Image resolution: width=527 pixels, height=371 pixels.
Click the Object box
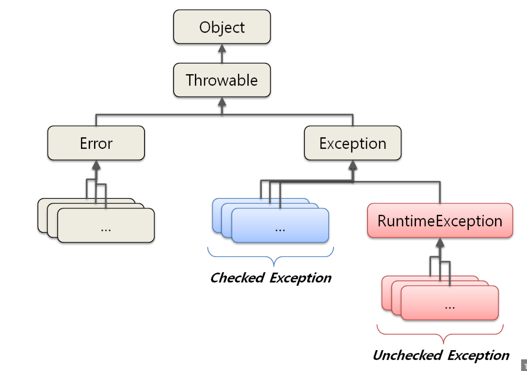pyautogui.click(x=222, y=27)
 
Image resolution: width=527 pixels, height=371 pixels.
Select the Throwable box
pyautogui.click(x=222, y=80)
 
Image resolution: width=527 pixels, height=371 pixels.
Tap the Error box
pyautogui.click(x=96, y=143)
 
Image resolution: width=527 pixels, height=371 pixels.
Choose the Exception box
pyautogui.click(x=352, y=143)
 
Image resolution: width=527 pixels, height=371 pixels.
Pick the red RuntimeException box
pyautogui.click(x=440, y=221)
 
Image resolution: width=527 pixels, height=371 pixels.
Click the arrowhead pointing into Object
pyautogui.click(x=222, y=48)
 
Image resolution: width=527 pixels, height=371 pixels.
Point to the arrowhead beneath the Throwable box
pyautogui.click(x=222, y=102)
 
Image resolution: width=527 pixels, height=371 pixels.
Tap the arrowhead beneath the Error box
pyautogui.click(x=96, y=165)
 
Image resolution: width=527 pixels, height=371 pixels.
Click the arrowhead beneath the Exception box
pyautogui.click(x=352, y=165)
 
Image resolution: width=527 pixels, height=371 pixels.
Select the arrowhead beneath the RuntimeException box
pyautogui.click(x=440, y=242)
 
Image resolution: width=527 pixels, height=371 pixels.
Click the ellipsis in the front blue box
pyautogui.click(x=280, y=230)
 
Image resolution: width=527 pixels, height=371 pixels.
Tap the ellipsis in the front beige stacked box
pyautogui.click(x=106, y=230)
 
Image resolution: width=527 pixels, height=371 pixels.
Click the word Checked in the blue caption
pyautogui.click(x=237, y=278)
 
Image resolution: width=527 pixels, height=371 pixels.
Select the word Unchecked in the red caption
pyautogui.click(x=408, y=355)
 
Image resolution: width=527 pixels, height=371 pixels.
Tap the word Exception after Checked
pyautogui.click(x=301, y=278)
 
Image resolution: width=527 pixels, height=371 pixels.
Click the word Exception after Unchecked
pyautogui.click(x=479, y=355)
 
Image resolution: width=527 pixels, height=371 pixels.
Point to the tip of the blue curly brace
pyautogui.click(x=274, y=266)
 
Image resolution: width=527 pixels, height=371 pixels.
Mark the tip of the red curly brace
pyautogui.click(x=444, y=343)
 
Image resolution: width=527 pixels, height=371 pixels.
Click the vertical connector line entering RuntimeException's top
pyautogui.click(x=440, y=193)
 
